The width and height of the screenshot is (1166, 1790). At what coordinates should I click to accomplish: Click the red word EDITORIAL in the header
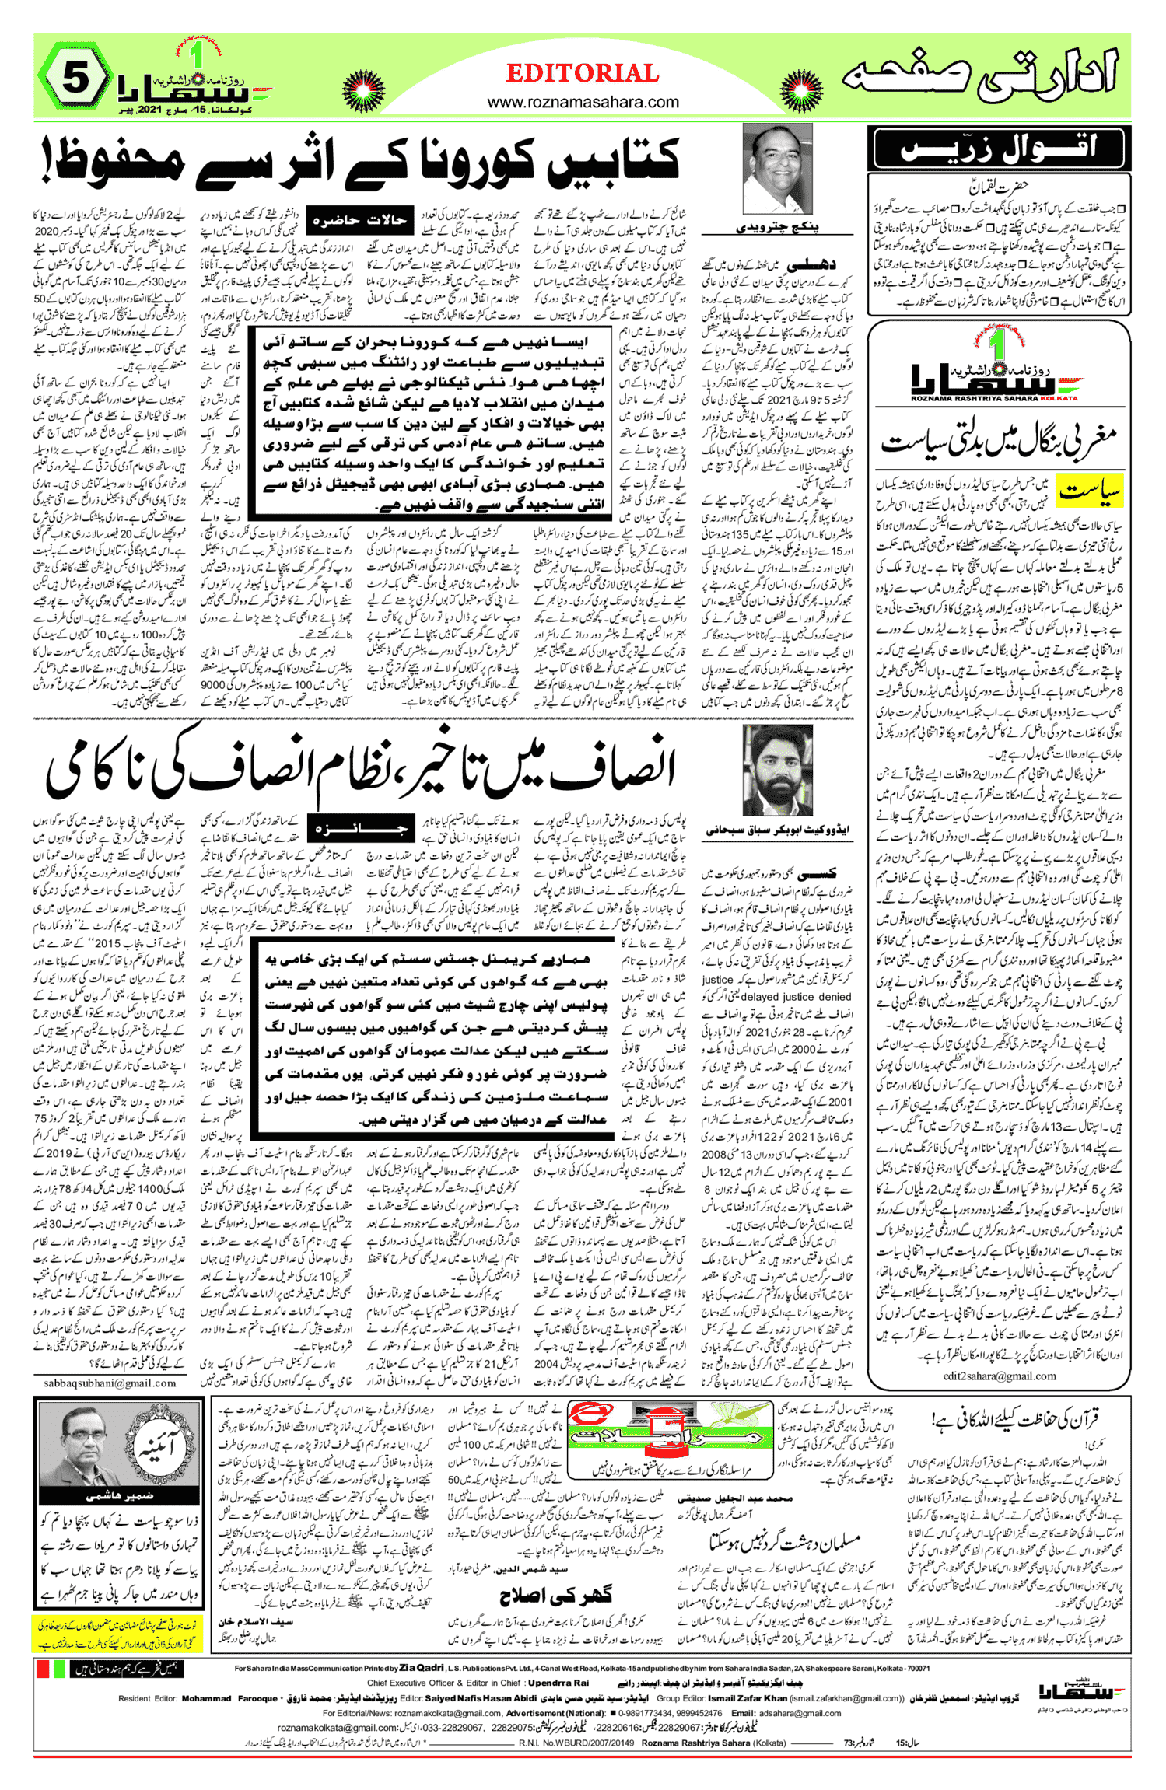(583, 74)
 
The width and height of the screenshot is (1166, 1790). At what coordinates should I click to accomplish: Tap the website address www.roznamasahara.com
(583, 102)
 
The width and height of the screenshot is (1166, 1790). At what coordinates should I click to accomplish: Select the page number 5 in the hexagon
(75, 79)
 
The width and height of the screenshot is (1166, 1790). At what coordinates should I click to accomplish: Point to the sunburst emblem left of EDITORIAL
(362, 90)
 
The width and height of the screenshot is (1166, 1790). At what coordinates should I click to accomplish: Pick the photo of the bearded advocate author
(777, 770)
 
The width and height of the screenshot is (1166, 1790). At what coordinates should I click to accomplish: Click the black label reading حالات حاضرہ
(359, 221)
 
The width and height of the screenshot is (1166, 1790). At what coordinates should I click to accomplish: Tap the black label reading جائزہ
(359, 829)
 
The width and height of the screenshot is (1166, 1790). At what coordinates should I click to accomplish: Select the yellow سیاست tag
(1091, 491)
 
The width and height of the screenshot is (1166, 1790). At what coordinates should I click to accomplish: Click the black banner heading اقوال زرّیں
(999, 148)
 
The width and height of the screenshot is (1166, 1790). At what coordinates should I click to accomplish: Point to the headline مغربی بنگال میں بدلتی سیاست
(999, 442)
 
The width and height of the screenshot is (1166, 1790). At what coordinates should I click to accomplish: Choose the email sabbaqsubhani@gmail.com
(110, 1383)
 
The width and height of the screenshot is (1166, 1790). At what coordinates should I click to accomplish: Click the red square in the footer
(43, 1669)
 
